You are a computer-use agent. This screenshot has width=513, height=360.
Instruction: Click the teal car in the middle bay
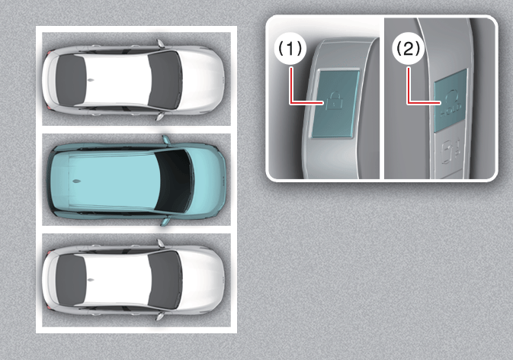tap(136, 181)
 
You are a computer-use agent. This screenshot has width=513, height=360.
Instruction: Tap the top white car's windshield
tap(165, 80)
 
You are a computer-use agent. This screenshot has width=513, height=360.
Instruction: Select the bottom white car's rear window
tap(71, 280)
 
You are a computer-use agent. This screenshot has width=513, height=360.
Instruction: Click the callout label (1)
tap(290, 49)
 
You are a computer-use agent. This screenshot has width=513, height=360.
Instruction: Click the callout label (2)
tap(408, 49)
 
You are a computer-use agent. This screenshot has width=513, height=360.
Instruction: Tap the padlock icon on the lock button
tap(334, 101)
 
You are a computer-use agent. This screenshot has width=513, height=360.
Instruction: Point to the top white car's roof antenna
tap(90, 80)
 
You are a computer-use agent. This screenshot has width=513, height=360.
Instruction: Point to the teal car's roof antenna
tap(76, 181)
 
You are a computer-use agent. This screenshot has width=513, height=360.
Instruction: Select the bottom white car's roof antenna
tap(90, 280)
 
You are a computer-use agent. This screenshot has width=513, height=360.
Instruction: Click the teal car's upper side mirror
tap(166, 140)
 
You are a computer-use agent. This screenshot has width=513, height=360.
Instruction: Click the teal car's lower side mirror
tap(165, 221)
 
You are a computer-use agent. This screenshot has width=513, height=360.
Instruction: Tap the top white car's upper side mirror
tap(160, 43)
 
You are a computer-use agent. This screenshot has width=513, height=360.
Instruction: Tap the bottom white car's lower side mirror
tap(160, 317)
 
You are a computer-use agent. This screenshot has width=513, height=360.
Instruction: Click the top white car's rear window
tap(71, 80)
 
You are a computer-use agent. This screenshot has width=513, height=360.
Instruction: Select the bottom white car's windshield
tap(165, 280)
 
